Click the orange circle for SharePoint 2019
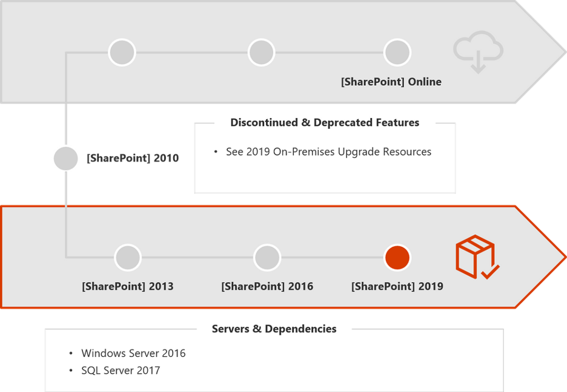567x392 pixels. pyautogui.click(x=397, y=258)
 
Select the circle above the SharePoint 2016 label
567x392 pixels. pyautogui.click(x=267, y=258)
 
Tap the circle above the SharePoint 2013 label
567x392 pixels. pyautogui.click(x=127, y=258)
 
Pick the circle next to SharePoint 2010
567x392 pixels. pyautogui.click(x=65, y=158)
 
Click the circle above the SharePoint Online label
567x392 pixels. pyautogui.click(x=397, y=53)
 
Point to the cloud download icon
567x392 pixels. pyautogui.click(x=478, y=54)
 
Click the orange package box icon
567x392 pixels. pyautogui.click(x=477, y=256)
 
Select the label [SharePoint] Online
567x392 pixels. pyautogui.click(x=391, y=82)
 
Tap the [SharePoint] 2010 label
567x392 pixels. pyautogui.click(x=133, y=158)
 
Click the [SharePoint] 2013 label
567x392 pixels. pyautogui.click(x=127, y=286)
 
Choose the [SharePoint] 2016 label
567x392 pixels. pyautogui.click(x=267, y=286)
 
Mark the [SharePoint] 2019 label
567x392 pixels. pyautogui.click(x=397, y=286)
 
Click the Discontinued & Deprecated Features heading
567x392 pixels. pyautogui.click(x=325, y=123)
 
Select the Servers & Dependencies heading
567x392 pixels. pyautogui.click(x=274, y=329)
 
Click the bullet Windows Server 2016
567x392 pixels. pyautogui.click(x=133, y=353)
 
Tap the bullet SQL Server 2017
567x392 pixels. pyautogui.click(x=121, y=371)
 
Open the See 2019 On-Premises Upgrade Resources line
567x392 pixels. pyautogui.click(x=328, y=152)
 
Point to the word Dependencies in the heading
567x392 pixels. pyautogui.click(x=300, y=329)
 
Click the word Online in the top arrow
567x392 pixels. pyautogui.click(x=425, y=82)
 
